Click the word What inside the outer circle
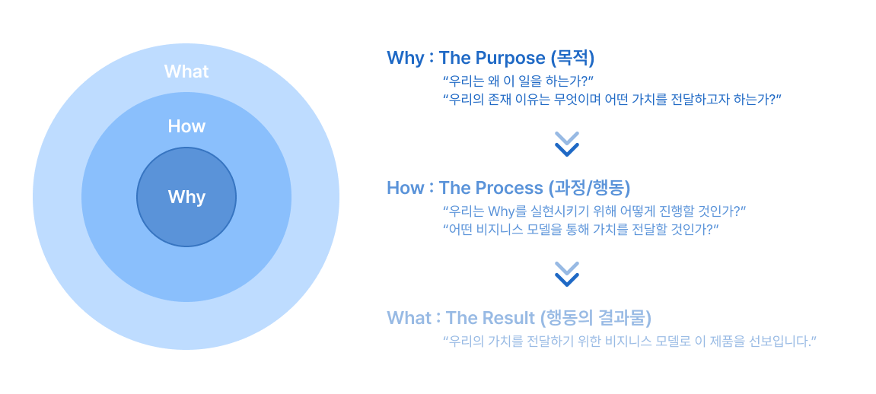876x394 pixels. (186, 71)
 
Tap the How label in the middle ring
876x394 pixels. (186, 126)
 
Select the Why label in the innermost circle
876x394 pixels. (186, 197)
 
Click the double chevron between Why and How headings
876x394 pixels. (567, 144)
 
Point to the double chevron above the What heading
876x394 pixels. (567, 274)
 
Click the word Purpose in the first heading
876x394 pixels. (510, 58)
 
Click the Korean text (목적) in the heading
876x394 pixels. (572, 58)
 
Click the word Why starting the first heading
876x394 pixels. (405, 58)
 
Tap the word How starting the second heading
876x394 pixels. (405, 188)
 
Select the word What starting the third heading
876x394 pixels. (409, 318)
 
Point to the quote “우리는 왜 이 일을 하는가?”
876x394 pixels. (518, 80)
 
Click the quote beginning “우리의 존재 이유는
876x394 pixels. (612, 99)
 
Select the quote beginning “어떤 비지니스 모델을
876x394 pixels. (581, 229)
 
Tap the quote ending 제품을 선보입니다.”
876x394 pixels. (629, 341)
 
